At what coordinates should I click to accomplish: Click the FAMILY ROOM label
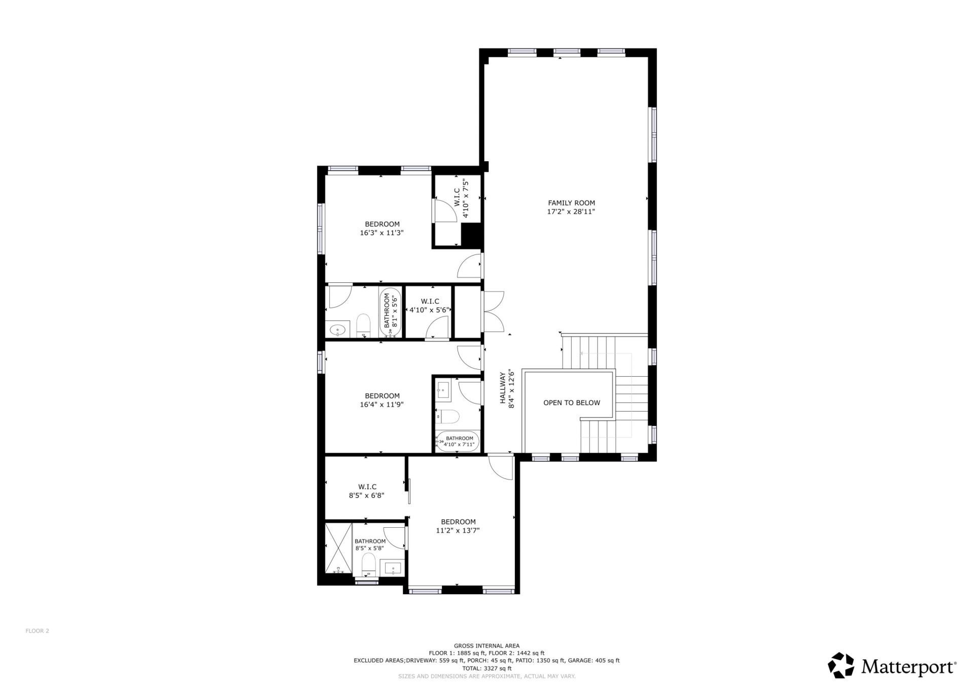[x=571, y=203]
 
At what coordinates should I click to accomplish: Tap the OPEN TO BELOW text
[x=571, y=403]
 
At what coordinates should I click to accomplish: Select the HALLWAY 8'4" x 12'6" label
[x=507, y=389]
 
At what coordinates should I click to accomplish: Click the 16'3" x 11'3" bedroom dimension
[x=381, y=233]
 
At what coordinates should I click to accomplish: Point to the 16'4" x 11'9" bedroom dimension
[x=381, y=405]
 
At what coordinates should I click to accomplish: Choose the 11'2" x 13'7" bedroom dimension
[x=458, y=530]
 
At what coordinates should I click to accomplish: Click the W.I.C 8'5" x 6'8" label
[x=366, y=491]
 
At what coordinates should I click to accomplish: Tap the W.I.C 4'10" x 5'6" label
[x=430, y=306]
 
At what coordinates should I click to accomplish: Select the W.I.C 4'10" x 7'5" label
[x=461, y=197]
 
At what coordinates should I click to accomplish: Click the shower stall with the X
[x=338, y=549]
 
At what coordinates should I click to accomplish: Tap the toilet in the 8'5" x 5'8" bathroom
[x=368, y=564]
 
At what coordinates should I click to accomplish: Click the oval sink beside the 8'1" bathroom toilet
[x=337, y=331]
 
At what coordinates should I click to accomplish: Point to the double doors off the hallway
[x=493, y=311]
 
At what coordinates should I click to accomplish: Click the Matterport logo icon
[x=841, y=665]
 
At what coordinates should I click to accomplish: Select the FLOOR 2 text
[x=37, y=631]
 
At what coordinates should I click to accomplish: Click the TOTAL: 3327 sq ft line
[x=486, y=668]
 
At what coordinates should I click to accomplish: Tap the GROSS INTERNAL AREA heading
[x=486, y=645]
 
